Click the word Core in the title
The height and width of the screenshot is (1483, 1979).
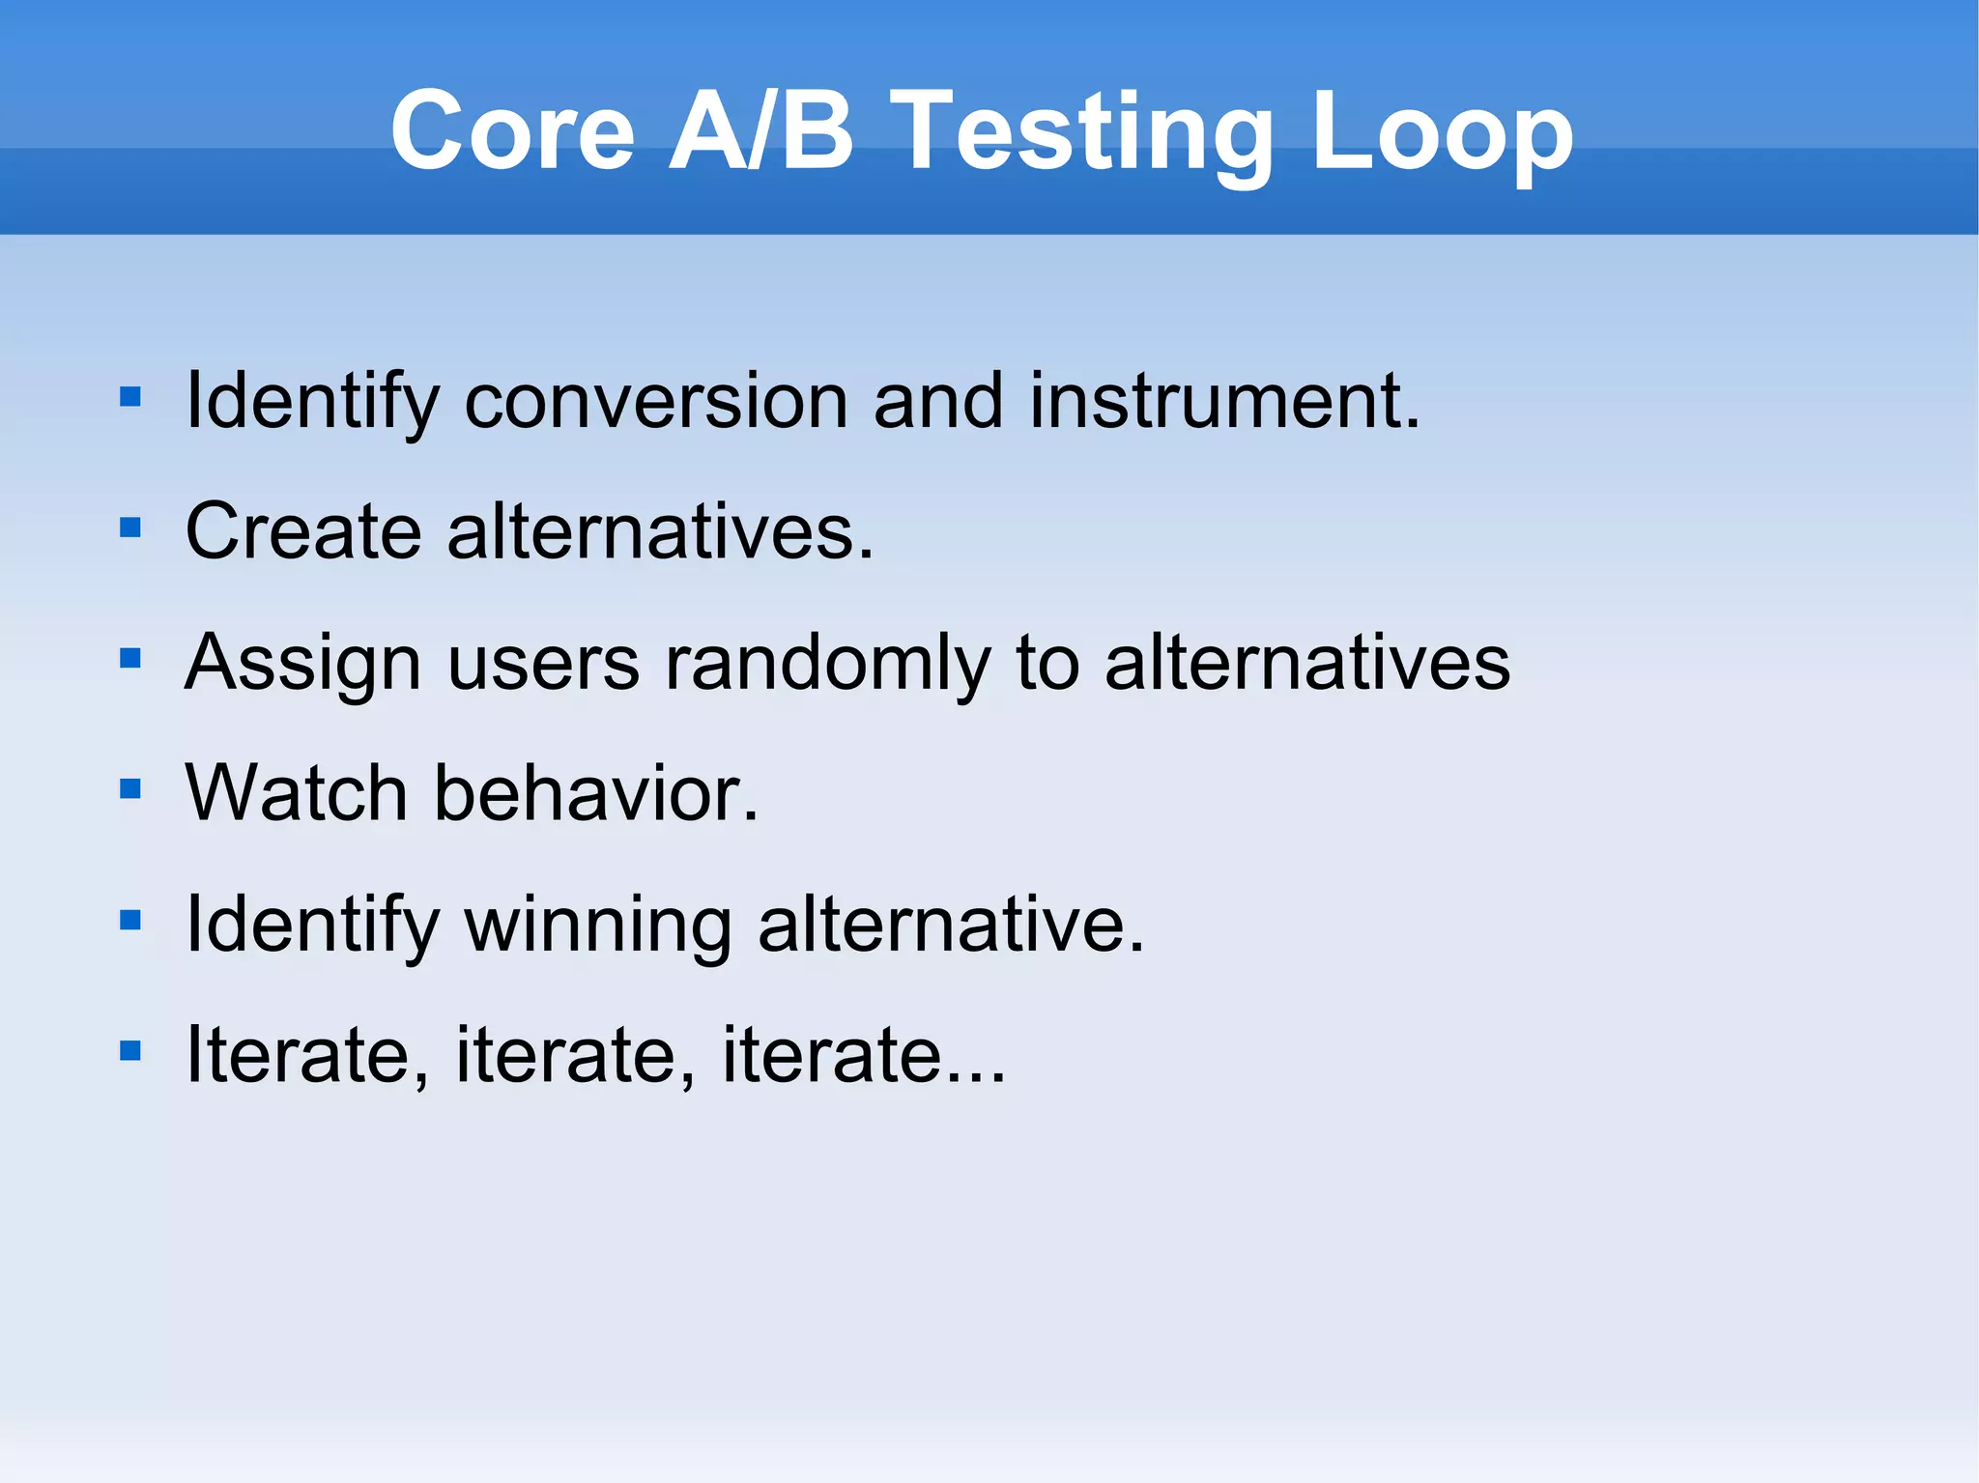[x=512, y=130]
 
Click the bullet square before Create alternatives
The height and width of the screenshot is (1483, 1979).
[x=130, y=528]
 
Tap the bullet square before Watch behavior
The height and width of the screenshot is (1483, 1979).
[x=130, y=789]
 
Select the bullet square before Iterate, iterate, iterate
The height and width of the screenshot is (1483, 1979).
[x=130, y=1050]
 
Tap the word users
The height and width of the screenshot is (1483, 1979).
[x=543, y=665]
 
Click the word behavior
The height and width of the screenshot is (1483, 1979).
[x=595, y=792]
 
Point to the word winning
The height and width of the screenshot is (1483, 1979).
[x=598, y=926]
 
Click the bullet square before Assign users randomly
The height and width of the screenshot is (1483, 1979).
[x=130, y=659]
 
